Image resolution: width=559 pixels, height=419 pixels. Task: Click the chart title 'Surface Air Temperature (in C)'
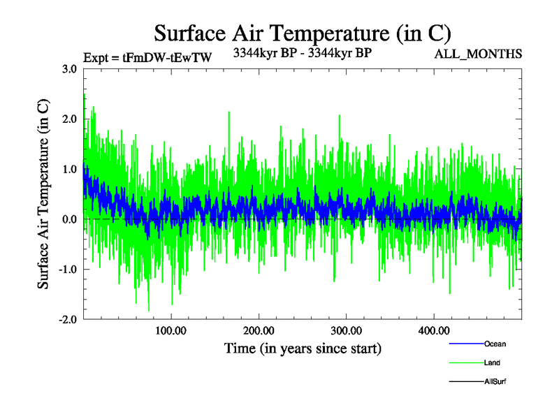(303, 33)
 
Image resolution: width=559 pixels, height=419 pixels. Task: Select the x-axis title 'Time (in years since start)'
(303, 347)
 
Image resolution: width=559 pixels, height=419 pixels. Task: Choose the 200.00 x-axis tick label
(259, 330)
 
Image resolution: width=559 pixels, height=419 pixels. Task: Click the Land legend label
(492, 362)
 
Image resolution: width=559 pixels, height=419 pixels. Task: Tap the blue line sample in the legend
(465, 344)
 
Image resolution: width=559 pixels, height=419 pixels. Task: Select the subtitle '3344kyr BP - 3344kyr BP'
(302, 52)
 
